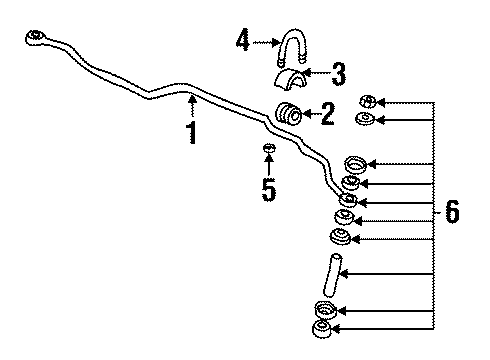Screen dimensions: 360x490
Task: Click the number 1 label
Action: click(x=191, y=133)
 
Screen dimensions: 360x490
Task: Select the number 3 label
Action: click(x=339, y=73)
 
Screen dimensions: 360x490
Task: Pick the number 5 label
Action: click(x=268, y=189)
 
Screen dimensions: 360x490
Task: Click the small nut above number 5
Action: click(x=268, y=151)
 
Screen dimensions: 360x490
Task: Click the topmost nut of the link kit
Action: click(x=367, y=101)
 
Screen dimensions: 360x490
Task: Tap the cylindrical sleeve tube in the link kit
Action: click(x=331, y=272)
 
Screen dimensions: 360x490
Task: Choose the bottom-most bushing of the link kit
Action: click(x=324, y=330)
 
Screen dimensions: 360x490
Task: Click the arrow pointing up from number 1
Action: click(x=192, y=105)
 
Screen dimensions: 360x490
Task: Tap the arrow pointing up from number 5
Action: click(x=268, y=167)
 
